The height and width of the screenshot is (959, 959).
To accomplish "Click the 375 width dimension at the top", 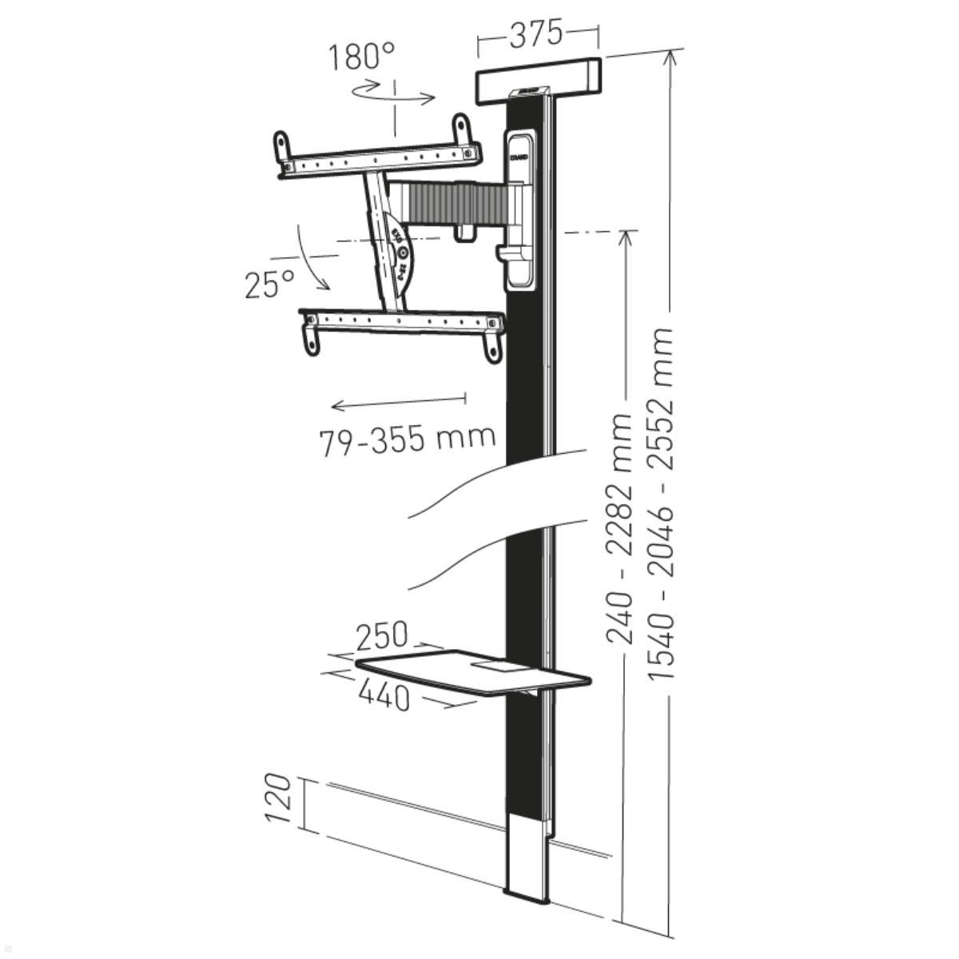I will coord(536,34).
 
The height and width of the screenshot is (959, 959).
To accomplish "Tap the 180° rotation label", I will coord(361,57).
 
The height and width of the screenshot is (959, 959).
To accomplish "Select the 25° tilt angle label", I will coord(269,283).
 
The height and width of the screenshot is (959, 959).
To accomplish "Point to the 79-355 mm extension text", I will coord(408,439).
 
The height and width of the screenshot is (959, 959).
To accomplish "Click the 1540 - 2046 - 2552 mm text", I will coord(663,503).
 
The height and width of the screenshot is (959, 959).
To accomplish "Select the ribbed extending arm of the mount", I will coord(448,203).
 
